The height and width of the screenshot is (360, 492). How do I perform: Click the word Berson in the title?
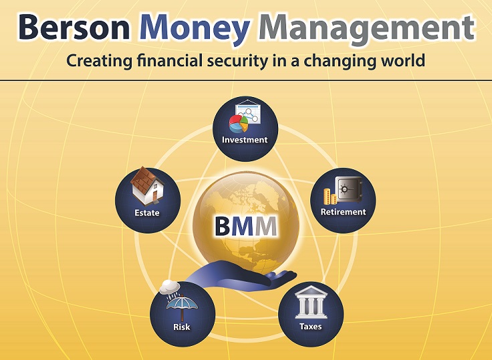(x=74, y=27)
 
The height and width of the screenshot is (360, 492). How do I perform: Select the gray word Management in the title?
(x=366, y=31)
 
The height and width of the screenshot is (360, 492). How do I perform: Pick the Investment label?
(x=245, y=140)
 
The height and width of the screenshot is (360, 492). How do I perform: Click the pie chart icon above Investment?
(x=239, y=123)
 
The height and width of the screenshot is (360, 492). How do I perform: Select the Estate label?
(x=147, y=213)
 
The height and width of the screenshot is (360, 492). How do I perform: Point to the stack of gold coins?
(x=330, y=196)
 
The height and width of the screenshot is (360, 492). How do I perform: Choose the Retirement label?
(x=344, y=211)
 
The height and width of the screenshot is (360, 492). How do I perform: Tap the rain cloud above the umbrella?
(x=170, y=287)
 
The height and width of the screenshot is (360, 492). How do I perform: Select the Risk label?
(x=182, y=327)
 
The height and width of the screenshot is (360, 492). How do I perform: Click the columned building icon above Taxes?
(x=311, y=302)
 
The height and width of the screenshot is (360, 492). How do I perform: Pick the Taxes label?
(x=311, y=327)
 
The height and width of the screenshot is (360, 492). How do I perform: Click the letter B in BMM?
(x=223, y=226)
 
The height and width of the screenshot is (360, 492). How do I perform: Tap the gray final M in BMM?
(x=266, y=226)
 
